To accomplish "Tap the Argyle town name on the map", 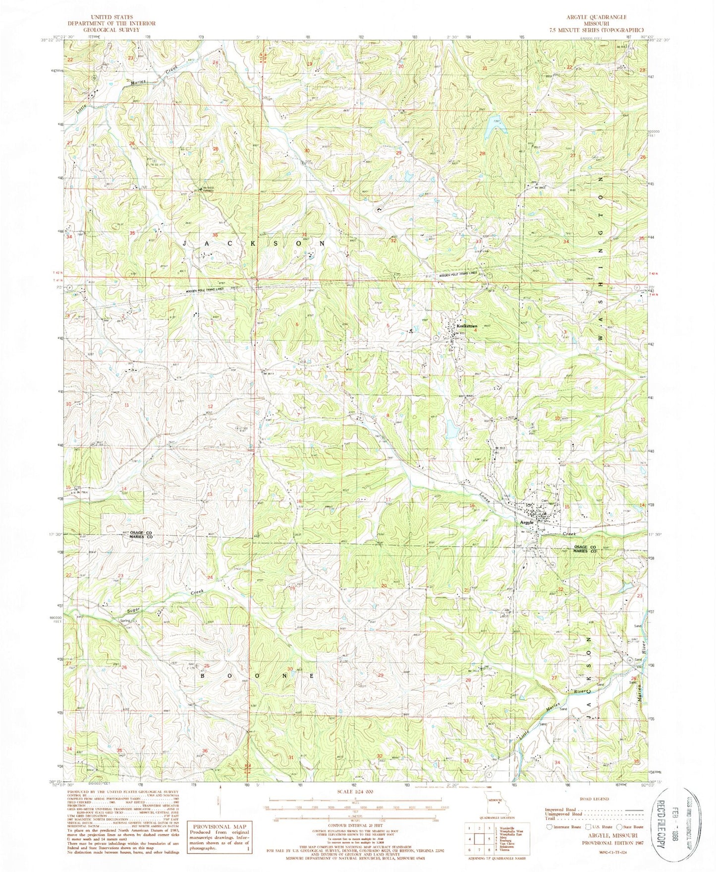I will click(527, 522).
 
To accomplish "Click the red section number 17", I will click(388, 499).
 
